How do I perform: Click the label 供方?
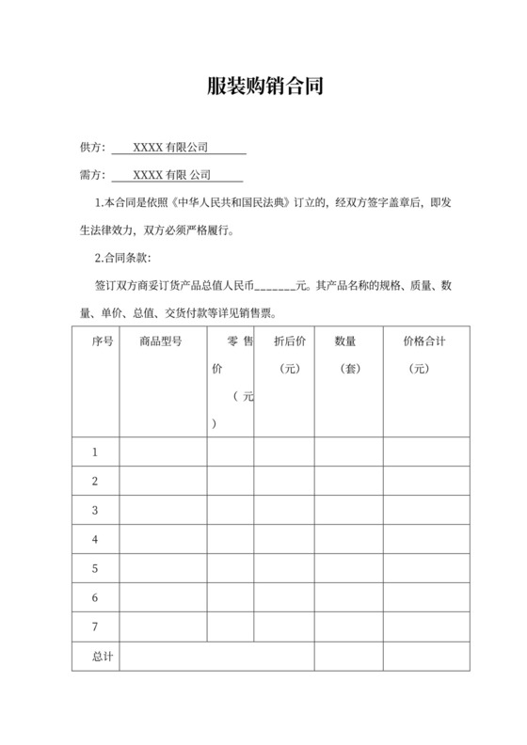(92, 148)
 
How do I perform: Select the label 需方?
(92, 175)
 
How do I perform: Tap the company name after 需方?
(172, 175)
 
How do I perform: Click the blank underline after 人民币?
(275, 286)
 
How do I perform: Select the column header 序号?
(103, 341)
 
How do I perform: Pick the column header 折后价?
(289, 341)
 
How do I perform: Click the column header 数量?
(345, 341)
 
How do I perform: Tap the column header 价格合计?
(423, 341)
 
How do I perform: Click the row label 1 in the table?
(95, 452)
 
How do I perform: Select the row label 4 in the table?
(95, 540)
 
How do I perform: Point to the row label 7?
(95, 626)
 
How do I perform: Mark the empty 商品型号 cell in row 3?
(163, 511)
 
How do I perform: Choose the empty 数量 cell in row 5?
(345, 569)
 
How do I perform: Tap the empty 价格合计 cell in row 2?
(424, 482)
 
